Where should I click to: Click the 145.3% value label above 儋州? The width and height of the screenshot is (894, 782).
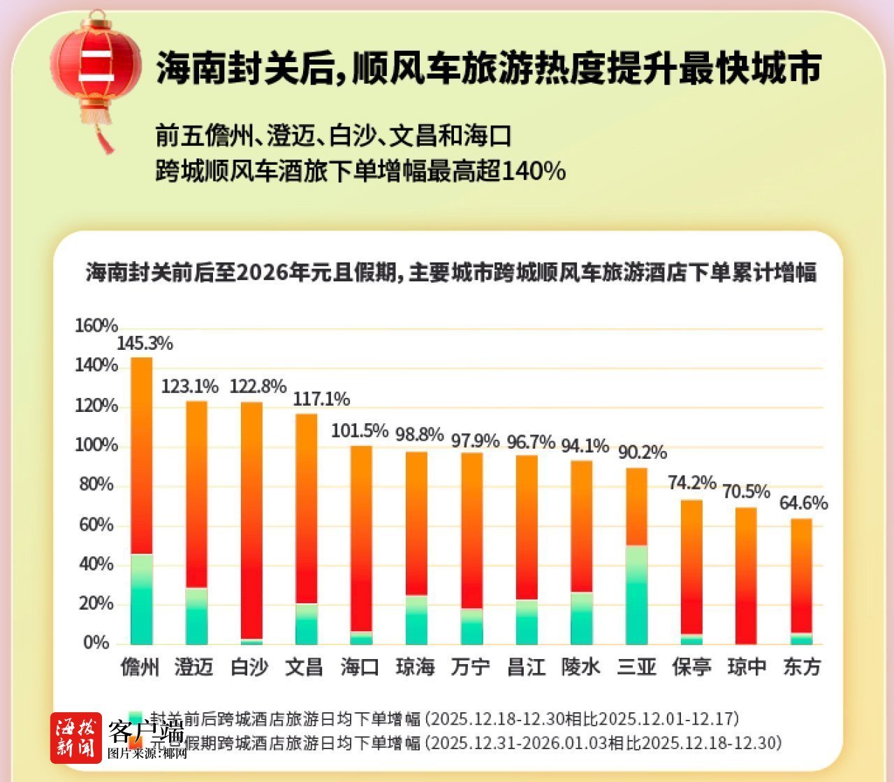145,344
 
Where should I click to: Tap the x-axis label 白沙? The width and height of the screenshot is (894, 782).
249,667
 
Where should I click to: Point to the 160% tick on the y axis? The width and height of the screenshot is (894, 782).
96,326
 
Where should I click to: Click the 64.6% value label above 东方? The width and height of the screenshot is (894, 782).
803,503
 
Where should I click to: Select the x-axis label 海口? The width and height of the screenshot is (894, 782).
360,667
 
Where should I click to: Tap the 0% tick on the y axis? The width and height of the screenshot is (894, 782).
96,643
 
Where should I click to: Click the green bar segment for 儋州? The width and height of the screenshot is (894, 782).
142,599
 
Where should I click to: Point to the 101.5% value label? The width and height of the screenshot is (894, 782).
359,431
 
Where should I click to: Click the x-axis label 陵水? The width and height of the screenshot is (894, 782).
581,667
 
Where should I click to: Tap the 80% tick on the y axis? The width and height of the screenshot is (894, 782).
96,485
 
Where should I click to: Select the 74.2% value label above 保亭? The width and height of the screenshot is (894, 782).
691,482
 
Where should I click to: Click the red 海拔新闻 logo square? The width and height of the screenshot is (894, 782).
75,738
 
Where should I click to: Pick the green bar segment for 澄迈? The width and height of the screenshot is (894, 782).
196,616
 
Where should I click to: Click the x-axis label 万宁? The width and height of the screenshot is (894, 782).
471,667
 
